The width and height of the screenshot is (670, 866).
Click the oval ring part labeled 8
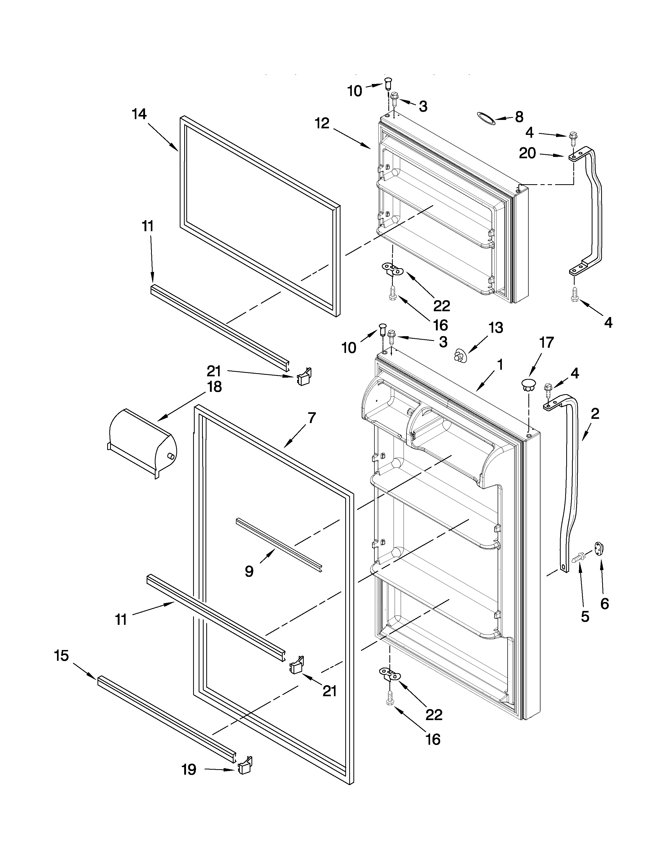coord(486,118)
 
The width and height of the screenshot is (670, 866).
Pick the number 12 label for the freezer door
coord(322,123)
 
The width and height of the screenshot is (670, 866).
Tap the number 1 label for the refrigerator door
coord(500,365)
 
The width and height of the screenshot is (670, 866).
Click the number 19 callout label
coord(189,770)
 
